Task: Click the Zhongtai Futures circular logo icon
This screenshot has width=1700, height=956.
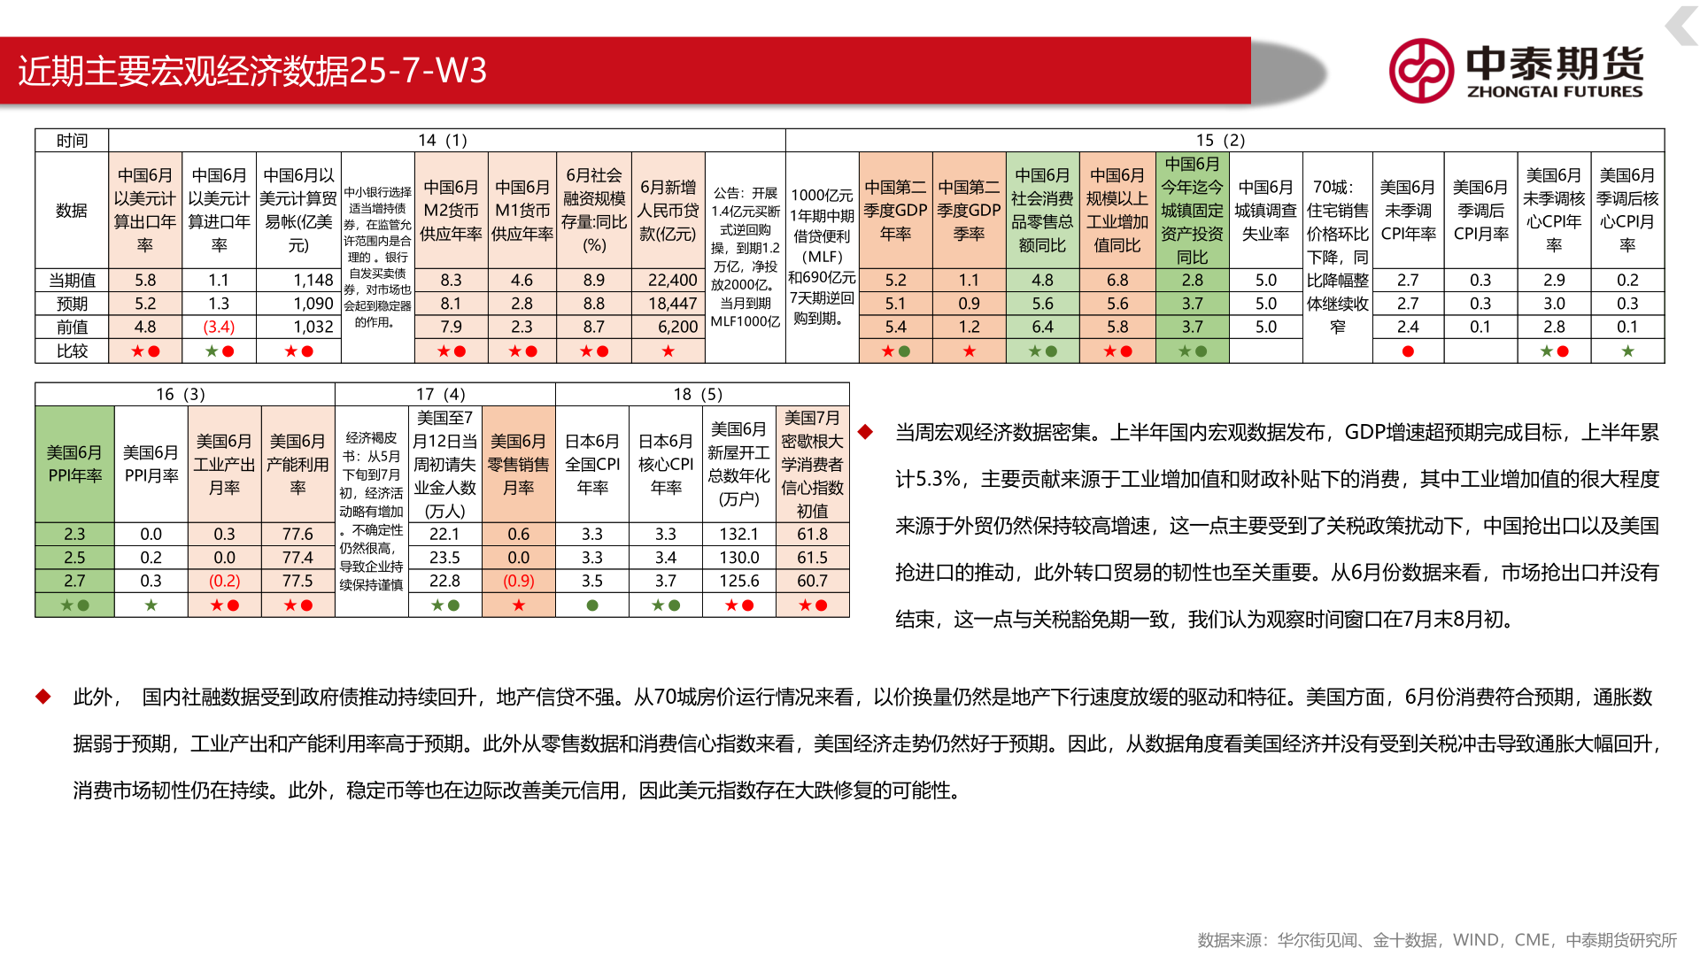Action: tap(1420, 71)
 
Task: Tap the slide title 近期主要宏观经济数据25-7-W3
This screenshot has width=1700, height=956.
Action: tap(252, 71)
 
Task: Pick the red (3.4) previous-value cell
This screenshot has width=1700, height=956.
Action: tap(219, 327)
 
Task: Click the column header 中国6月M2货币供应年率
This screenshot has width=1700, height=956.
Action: tap(451, 211)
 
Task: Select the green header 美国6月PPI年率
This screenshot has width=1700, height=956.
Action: tap(74, 464)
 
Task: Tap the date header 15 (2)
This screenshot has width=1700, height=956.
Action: tap(1220, 140)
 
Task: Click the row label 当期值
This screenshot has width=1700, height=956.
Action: tap(72, 281)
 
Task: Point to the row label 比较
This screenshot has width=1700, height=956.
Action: tap(72, 351)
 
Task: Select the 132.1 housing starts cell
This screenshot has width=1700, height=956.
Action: tap(738, 534)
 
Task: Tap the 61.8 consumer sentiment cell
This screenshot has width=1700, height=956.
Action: tap(812, 534)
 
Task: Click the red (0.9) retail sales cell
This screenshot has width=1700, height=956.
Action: tap(518, 581)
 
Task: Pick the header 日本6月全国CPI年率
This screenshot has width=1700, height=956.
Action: tap(592, 464)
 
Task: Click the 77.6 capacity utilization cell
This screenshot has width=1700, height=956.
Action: tap(297, 534)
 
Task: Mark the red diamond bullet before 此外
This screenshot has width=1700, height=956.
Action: tap(42, 697)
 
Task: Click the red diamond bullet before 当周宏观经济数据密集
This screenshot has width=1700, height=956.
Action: tap(865, 432)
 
